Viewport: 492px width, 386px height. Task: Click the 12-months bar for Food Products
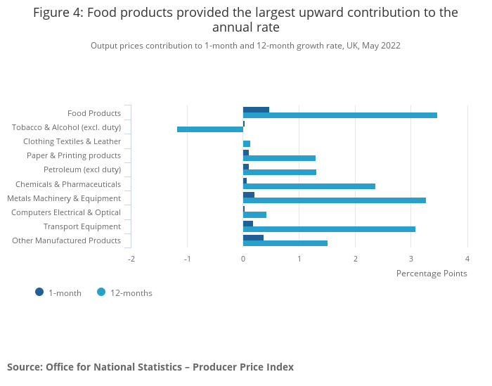click(x=340, y=115)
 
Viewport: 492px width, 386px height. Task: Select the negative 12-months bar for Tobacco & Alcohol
click(x=210, y=129)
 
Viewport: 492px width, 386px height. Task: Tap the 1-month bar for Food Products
click(x=256, y=110)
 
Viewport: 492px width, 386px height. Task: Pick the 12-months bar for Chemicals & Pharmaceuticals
click(x=309, y=186)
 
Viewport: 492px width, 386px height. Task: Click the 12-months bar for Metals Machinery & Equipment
click(x=335, y=200)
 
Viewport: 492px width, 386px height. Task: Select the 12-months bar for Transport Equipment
click(x=329, y=229)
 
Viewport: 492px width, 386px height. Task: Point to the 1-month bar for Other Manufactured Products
click(x=253, y=238)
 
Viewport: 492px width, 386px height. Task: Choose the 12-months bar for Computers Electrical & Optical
click(x=254, y=214)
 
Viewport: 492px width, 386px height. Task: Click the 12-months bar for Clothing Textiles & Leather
click(x=247, y=143)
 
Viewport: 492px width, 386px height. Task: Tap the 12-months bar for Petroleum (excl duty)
click(x=280, y=172)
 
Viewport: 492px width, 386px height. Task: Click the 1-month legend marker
click(x=39, y=292)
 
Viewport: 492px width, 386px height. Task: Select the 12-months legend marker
click(x=101, y=292)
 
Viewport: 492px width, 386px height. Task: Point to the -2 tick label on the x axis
click(x=131, y=259)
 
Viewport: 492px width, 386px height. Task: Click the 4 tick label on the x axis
click(x=467, y=259)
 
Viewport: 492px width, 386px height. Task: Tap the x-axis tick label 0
click(x=243, y=259)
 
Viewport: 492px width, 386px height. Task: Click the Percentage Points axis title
click(x=432, y=274)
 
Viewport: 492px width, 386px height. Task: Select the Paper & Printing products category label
click(x=74, y=155)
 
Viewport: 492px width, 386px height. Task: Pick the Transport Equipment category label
click(x=82, y=226)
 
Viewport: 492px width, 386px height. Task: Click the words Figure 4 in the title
click(x=59, y=13)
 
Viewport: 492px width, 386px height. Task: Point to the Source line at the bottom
click(x=150, y=367)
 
